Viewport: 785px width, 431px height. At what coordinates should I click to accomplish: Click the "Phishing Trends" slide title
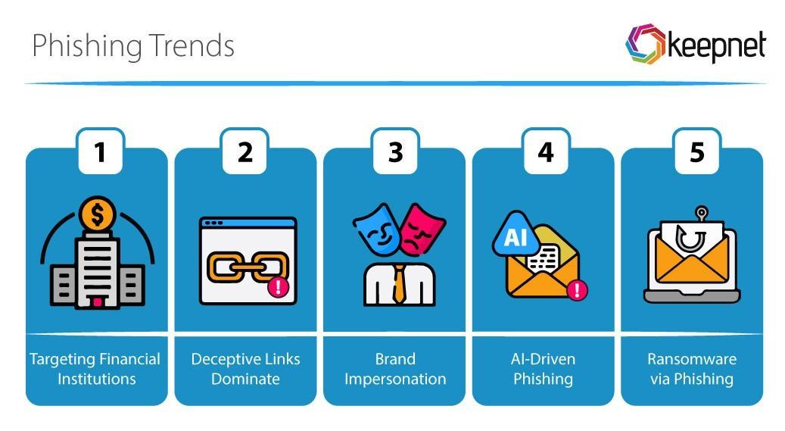coord(133,45)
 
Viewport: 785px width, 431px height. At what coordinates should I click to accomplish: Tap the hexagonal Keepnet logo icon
coord(644,45)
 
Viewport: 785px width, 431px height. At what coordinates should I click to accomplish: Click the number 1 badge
coord(99,151)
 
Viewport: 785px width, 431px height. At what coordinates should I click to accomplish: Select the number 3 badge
coord(395,151)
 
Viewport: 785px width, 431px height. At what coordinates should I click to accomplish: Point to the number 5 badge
coord(696,151)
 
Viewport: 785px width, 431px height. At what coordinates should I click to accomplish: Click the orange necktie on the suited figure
coord(398,284)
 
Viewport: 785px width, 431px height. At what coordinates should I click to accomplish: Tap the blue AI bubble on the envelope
coord(516,238)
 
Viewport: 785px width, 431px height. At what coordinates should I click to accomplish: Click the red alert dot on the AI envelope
coord(578,289)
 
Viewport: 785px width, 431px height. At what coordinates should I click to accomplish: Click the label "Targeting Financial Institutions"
coord(95,368)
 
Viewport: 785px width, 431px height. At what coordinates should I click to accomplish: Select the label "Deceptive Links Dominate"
coord(245,368)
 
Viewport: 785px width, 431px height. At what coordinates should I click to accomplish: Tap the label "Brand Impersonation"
coord(395,368)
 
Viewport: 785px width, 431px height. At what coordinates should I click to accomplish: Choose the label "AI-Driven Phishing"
coord(543,368)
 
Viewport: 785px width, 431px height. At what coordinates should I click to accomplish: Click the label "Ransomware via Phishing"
coord(692,368)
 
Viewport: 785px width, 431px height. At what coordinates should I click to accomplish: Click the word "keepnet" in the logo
coord(715,47)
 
